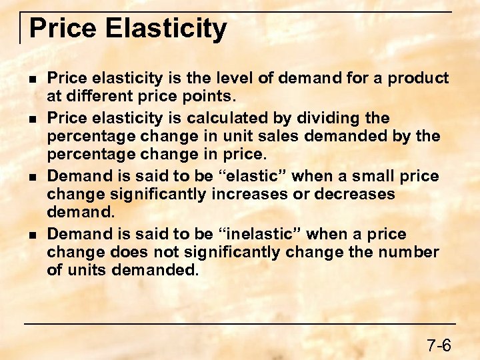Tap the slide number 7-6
click(439, 345)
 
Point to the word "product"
click(420, 79)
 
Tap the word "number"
click(411, 253)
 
